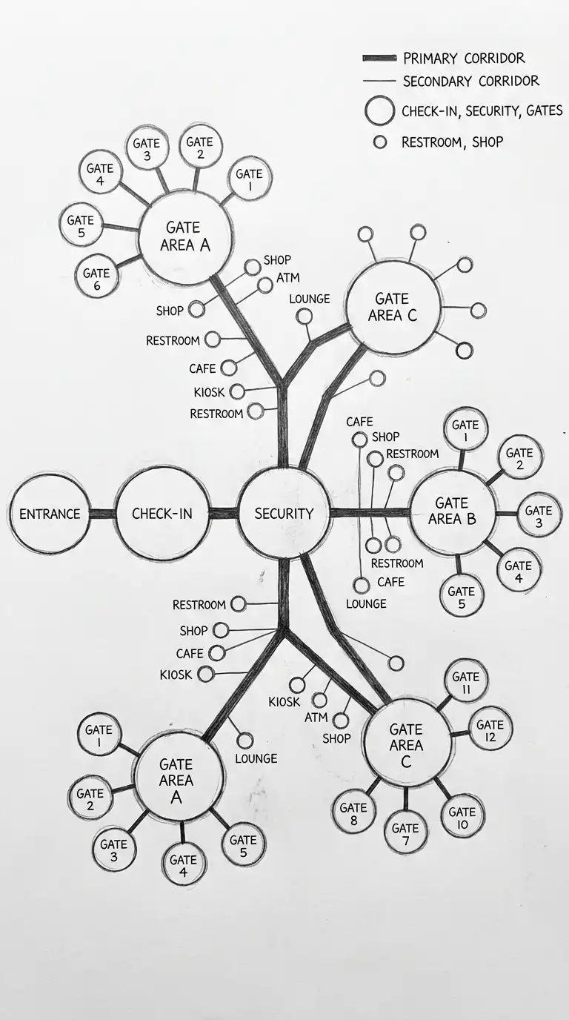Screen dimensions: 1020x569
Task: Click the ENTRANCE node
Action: (x=50, y=514)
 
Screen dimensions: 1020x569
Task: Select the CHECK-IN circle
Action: (x=162, y=513)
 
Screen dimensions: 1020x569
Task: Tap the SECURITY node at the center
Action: (x=284, y=513)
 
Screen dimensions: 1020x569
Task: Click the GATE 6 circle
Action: (x=96, y=276)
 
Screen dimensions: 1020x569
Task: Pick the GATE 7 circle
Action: (x=405, y=831)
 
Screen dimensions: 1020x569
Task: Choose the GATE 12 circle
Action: (x=490, y=728)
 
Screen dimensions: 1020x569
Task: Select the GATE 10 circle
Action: (x=462, y=816)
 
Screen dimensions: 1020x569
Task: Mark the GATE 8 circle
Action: (x=353, y=811)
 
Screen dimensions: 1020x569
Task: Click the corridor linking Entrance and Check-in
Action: (x=102, y=514)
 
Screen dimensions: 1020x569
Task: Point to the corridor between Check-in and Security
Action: (x=223, y=513)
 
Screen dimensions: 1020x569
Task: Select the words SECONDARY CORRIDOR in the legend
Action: (x=470, y=81)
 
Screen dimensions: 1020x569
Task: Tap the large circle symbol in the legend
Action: (x=379, y=110)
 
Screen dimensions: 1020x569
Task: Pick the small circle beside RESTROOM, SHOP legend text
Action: (x=379, y=142)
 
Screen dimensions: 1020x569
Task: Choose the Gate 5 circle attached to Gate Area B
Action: (x=462, y=595)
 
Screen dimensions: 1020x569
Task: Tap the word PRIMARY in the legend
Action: (x=429, y=58)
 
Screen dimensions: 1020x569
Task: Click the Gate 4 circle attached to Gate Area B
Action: (x=518, y=569)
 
